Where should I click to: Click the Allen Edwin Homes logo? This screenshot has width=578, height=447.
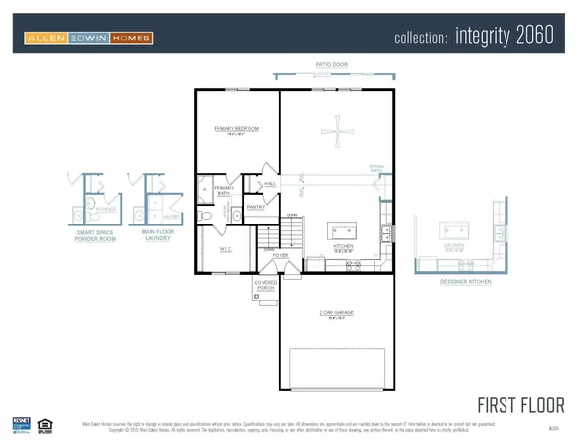pyautogui.click(x=88, y=39)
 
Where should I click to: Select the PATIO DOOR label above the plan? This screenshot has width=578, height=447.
pyautogui.click(x=332, y=65)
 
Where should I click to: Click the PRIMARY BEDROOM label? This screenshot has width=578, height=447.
pyautogui.click(x=236, y=129)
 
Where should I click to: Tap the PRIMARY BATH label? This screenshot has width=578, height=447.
pyautogui.click(x=223, y=191)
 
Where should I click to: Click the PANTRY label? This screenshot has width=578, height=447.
pyautogui.click(x=254, y=207)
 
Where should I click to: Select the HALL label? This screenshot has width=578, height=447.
pyautogui.click(x=270, y=184)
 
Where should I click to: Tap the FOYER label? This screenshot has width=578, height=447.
pyautogui.click(x=281, y=255)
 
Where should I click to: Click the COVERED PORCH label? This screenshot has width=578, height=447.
pyautogui.click(x=266, y=285)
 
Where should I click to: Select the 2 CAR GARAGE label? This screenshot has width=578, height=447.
pyautogui.click(x=336, y=315)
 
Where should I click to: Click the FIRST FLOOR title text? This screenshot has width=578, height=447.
pyautogui.click(x=520, y=405)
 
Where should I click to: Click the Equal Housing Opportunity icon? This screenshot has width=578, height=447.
pyautogui.click(x=43, y=424)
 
